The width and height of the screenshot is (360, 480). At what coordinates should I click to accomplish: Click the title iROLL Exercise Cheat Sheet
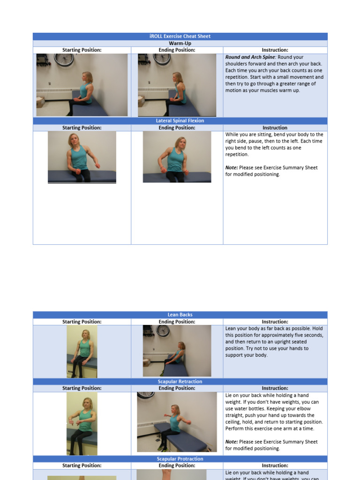[x=180, y=36]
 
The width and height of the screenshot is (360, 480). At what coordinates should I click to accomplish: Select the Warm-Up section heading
[x=180, y=43]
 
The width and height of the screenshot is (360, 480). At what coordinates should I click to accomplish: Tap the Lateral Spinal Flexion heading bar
[x=180, y=120]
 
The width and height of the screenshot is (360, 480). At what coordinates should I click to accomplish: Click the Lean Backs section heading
[x=180, y=315]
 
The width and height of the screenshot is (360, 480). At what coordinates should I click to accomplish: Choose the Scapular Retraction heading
[x=180, y=382]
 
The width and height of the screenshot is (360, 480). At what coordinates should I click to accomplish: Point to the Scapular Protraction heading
[x=180, y=459]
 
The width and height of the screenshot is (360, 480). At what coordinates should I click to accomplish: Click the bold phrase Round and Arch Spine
[x=250, y=57]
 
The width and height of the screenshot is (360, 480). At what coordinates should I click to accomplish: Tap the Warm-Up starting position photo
[x=82, y=85]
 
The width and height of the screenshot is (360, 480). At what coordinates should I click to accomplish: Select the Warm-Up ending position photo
[x=177, y=85]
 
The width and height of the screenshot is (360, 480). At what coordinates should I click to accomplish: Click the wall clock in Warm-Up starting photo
[x=64, y=59]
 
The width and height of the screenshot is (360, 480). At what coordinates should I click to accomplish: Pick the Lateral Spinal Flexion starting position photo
[x=82, y=157]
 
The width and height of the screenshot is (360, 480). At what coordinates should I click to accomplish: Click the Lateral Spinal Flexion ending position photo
[x=177, y=157]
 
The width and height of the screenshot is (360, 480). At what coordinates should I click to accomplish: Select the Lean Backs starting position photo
[x=82, y=351]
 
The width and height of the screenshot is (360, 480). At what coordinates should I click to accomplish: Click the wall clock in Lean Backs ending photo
[x=163, y=330]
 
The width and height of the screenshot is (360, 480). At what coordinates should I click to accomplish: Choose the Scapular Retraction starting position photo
[x=82, y=423]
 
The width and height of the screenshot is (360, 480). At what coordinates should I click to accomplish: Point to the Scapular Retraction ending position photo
[x=177, y=422]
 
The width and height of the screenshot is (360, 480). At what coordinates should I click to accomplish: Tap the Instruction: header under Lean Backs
[x=275, y=322]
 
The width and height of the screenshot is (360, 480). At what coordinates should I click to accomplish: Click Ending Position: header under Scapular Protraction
[x=177, y=465]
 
